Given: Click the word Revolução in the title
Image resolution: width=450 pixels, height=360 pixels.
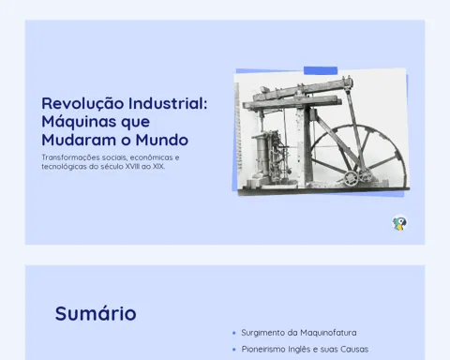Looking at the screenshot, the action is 82,104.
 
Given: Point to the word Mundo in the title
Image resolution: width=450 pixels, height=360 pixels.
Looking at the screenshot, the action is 161,140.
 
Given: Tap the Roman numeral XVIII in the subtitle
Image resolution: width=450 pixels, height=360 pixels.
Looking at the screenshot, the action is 132,166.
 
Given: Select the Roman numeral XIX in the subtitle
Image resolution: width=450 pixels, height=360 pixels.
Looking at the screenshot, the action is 158,166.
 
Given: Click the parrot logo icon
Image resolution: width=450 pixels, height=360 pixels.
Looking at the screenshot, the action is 399,223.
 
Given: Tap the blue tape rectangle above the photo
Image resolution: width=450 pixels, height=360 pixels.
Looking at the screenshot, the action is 321,70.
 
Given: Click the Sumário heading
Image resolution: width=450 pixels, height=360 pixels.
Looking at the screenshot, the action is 96,313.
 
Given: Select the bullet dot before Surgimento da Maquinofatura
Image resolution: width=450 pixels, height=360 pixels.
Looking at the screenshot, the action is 234,333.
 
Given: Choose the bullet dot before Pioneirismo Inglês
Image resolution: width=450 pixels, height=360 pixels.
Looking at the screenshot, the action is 234,350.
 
